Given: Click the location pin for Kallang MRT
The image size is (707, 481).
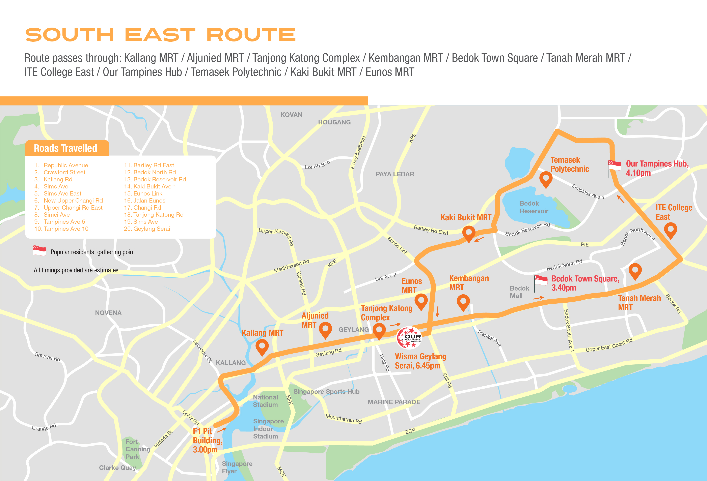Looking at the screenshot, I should point(262,347).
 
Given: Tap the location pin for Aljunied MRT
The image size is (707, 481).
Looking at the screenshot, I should point(325,330).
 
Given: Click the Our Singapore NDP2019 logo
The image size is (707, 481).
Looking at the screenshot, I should point(409,338).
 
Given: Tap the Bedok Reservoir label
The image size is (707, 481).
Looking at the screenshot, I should point(534,207).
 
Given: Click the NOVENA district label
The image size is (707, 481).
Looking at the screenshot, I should point(108,313).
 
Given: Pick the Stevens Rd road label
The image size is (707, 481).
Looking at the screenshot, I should point(48,356).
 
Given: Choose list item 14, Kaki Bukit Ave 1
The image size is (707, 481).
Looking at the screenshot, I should point(150,186).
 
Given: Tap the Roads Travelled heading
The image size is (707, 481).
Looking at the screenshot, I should point(65,148).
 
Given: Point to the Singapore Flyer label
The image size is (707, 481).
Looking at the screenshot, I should point(237,467).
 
